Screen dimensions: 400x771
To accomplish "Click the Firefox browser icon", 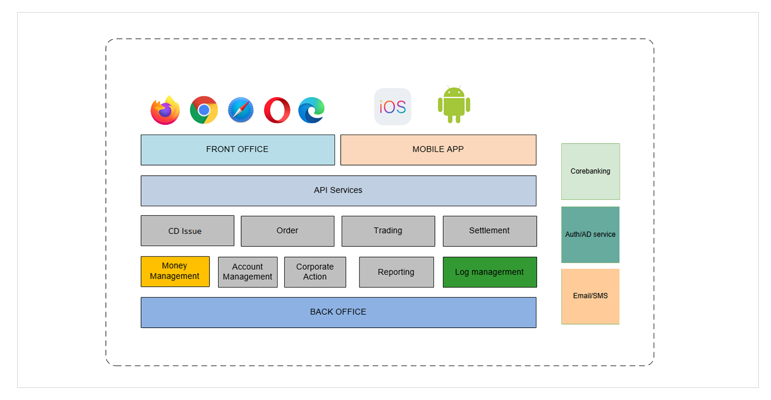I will (165, 110).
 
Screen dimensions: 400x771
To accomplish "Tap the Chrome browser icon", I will (204, 110).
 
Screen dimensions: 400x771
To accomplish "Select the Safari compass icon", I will (241, 110).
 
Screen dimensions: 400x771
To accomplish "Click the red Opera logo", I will (277, 110).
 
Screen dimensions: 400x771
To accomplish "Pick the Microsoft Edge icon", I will (311, 110).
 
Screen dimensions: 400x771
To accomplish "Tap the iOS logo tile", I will (393, 107).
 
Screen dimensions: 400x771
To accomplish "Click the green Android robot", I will (454, 105).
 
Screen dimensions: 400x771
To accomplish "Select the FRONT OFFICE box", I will (238, 150).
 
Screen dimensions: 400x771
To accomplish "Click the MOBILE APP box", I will (438, 150).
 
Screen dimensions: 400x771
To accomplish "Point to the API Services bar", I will (338, 191).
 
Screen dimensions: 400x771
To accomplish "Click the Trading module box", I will (388, 231).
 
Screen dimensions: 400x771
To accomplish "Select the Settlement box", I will (490, 231).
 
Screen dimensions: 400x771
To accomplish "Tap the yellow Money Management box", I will (175, 272).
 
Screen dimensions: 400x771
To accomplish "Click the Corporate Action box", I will (315, 272).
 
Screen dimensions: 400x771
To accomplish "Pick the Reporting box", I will (396, 272).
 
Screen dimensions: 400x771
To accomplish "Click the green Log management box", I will (490, 272).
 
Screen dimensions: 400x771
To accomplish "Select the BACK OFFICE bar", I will (338, 312).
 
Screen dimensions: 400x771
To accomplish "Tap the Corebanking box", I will (590, 171).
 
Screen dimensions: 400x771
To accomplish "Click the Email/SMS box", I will (590, 296).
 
